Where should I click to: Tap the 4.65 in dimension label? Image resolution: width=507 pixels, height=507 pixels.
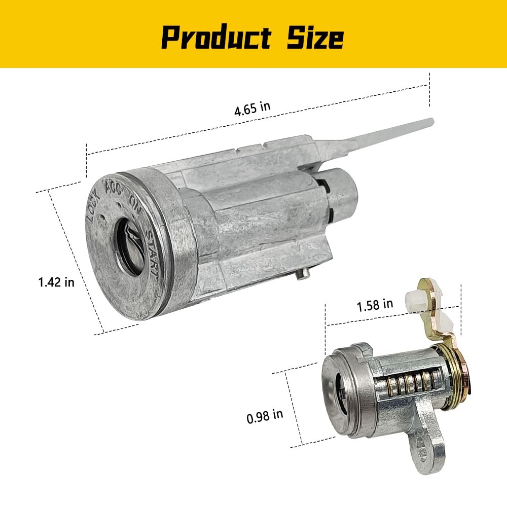[x=252, y=108]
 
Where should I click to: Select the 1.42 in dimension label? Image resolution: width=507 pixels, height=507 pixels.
[x=56, y=282]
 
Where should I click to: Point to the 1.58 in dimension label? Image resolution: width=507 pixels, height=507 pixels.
[x=375, y=305]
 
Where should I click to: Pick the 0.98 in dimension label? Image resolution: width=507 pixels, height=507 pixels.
[x=265, y=416]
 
